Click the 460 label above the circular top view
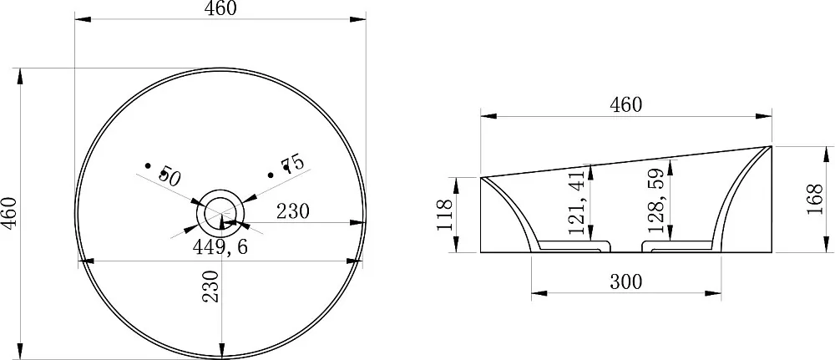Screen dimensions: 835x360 (x=220, y=8)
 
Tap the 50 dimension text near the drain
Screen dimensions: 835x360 (x=170, y=175)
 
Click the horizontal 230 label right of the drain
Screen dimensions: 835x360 (x=292, y=211)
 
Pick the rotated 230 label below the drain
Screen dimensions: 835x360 (x=211, y=286)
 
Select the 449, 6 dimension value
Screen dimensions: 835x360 (x=220, y=246)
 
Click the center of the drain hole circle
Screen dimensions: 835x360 (x=220, y=212)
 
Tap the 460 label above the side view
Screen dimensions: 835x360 (x=625, y=105)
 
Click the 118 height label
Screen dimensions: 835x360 (x=445, y=215)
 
